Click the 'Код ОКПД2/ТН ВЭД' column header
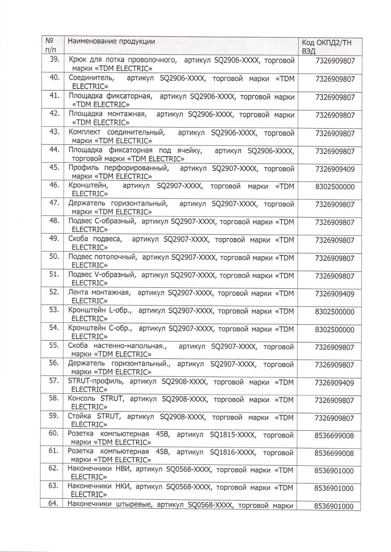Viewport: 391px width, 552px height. (x=327, y=46)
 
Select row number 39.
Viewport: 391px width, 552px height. (x=54, y=60)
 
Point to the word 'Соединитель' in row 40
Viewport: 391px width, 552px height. (x=91, y=78)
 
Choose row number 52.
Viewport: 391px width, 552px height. (x=54, y=292)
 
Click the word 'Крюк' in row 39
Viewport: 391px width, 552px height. (x=78, y=60)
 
